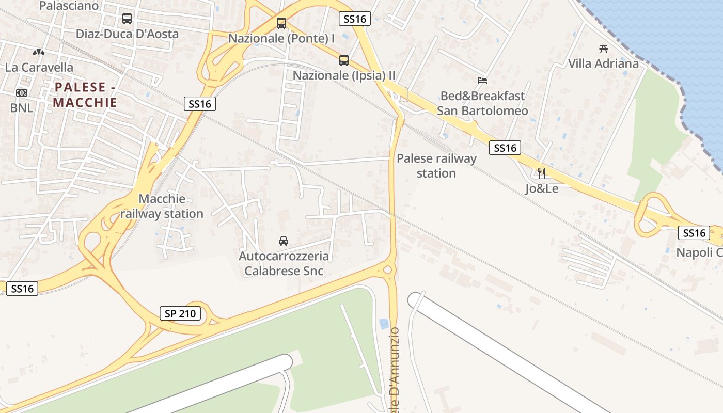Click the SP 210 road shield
[x=180, y=313]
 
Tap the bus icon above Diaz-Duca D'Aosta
[x=127, y=19]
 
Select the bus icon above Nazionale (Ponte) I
[x=281, y=23]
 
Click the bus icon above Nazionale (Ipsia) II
[x=344, y=60]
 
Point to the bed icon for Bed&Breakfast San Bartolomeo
[x=482, y=80]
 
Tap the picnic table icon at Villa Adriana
[x=603, y=49]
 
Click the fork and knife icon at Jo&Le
[x=541, y=173]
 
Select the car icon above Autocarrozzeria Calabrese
[x=283, y=241]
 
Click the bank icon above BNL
[x=21, y=92]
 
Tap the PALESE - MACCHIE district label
[x=85, y=94]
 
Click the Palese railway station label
[x=436, y=166]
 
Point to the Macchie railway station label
[x=162, y=206]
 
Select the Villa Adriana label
[x=603, y=63]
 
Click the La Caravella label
[x=39, y=67]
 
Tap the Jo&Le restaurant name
[x=542, y=188]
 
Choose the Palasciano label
[x=69, y=6]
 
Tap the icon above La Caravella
[x=39, y=52]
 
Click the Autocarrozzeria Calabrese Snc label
[x=284, y=263]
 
